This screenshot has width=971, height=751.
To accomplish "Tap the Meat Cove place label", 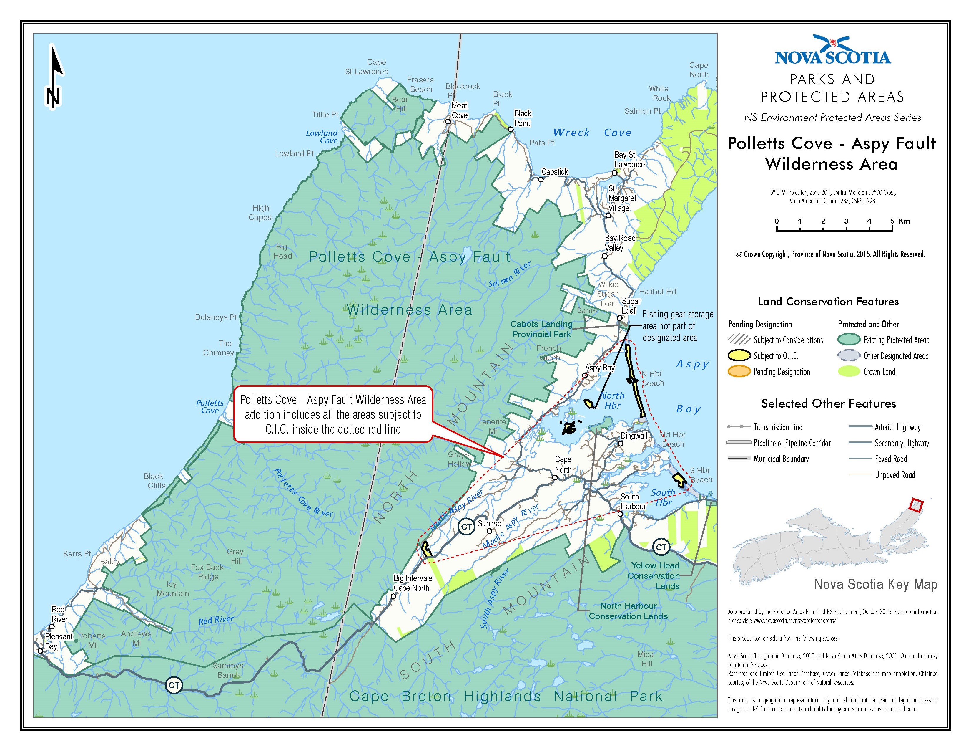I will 459,110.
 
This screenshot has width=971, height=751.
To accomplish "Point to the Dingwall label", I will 634,436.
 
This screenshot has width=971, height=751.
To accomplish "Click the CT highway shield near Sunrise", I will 466,527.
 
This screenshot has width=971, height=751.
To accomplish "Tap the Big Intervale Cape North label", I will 412,583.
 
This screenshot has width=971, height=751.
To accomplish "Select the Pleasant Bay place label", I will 58,641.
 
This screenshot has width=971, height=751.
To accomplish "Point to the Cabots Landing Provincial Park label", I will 541,329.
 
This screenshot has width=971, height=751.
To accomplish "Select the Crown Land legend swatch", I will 848,371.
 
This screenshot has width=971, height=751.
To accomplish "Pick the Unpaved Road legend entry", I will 894,475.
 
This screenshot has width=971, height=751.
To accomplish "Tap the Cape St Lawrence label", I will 367,67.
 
